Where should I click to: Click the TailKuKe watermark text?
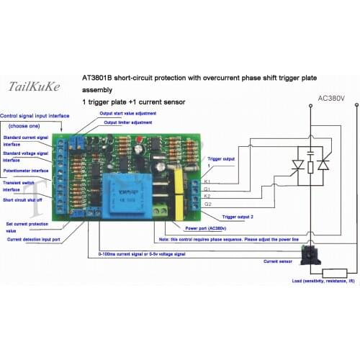[x=34, y=87]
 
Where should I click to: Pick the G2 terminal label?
[x=208, y=204]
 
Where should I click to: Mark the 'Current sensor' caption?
[x=279, y=263]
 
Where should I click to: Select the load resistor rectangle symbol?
[x=336, y=273]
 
